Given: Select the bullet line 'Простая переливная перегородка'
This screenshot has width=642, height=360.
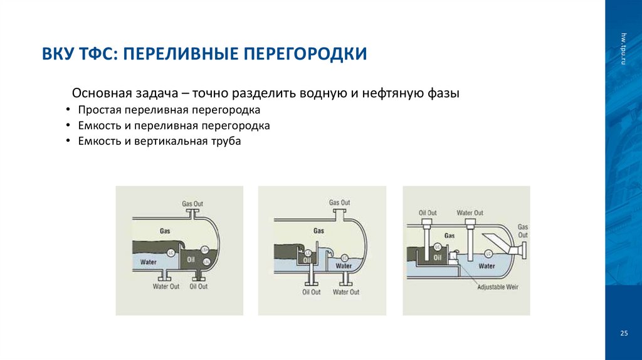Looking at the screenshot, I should [169, 110].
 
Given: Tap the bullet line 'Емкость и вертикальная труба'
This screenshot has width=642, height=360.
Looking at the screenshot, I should [159, 141].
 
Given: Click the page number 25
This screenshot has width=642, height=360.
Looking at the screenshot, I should [623, 332].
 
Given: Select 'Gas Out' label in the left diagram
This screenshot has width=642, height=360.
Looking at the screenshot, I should [192, 204].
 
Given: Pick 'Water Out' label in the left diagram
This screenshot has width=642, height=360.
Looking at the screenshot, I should [166, 287].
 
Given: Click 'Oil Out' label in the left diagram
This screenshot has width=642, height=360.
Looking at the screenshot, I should [198, 287].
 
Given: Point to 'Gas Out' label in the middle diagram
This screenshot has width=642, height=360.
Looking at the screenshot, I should [339, 203].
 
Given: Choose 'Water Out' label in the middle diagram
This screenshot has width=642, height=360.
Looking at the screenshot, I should [345, 292].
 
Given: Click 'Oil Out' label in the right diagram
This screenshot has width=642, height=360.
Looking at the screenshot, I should [428, 213].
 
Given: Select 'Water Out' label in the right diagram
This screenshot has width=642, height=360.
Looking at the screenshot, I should [470, 213].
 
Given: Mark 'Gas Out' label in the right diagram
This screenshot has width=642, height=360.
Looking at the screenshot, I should [522, 231].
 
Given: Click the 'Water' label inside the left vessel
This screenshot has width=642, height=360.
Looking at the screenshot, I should [149, 262].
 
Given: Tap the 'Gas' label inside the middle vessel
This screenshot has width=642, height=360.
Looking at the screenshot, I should [318, 231].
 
